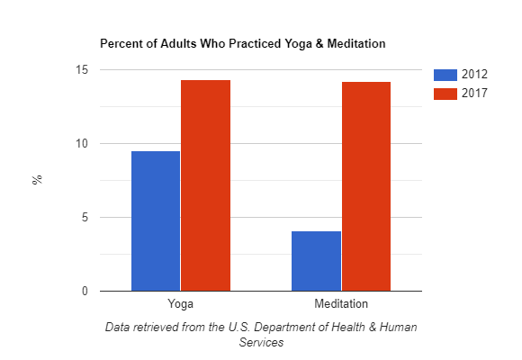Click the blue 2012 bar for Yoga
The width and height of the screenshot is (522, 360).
[156, 220]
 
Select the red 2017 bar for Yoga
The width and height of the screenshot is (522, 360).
[205, 185]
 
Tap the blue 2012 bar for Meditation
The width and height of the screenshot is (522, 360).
[316, 261]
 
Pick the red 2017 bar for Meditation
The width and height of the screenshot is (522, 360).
[365, 186]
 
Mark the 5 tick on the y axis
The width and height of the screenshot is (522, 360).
[84, 218]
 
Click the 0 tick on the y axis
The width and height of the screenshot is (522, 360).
[84, 292]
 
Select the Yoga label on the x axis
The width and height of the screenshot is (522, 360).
[180, 304]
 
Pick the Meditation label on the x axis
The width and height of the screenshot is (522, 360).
[340, 304]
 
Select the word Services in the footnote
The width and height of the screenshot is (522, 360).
[261, 343]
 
